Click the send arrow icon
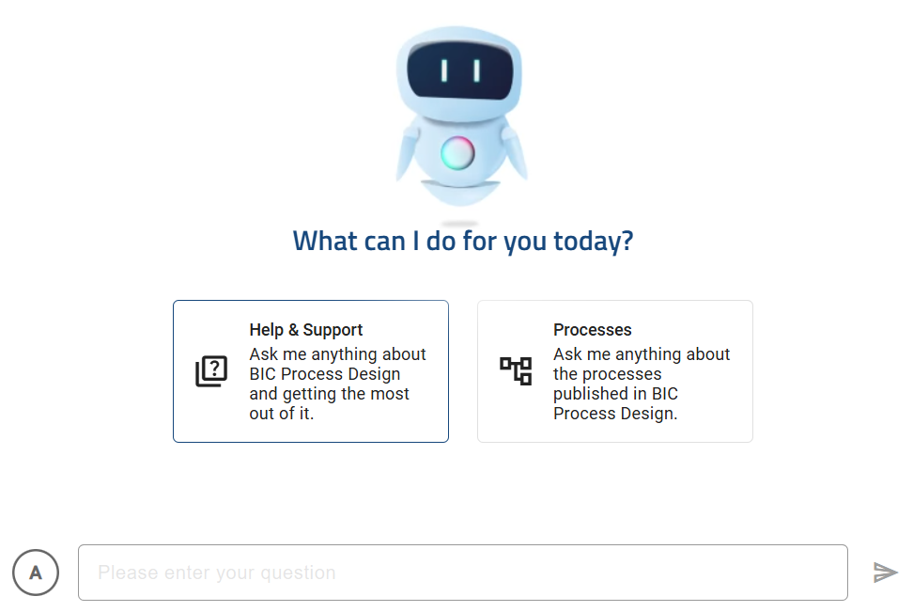(885, 573)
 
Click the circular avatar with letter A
(36, 573)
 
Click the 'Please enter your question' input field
(462, 573)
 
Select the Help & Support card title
(306, 330)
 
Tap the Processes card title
(592, 330)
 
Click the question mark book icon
(211, 371)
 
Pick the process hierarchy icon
(516, 371)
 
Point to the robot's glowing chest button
(457, 152)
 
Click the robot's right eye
(476, 71)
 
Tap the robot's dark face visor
(459, 71)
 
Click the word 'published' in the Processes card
(593, 394)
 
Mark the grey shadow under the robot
(459, 224)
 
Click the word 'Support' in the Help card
(333, 330)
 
